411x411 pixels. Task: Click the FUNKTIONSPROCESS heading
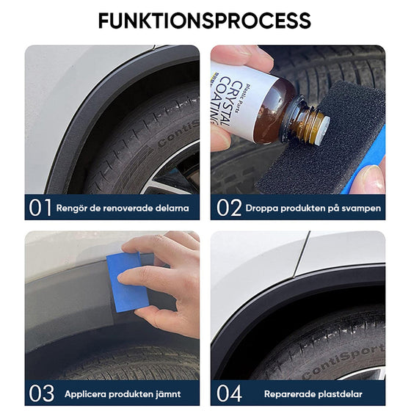pyautogui.click(x=205, y=20)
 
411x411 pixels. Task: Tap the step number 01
pyautogui.click(x=40, y=208)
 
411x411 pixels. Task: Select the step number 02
pyautogui.click(x=229, y=208)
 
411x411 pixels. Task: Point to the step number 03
pyautogui.click(x=41, y=393)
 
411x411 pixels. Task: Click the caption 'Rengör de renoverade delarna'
pyautogui.click(x=123, y=208)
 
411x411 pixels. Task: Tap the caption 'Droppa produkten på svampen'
pyautogui.click(x=313, y=208)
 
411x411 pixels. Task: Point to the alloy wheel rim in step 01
pyautogui.click(x=180, y=172)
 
